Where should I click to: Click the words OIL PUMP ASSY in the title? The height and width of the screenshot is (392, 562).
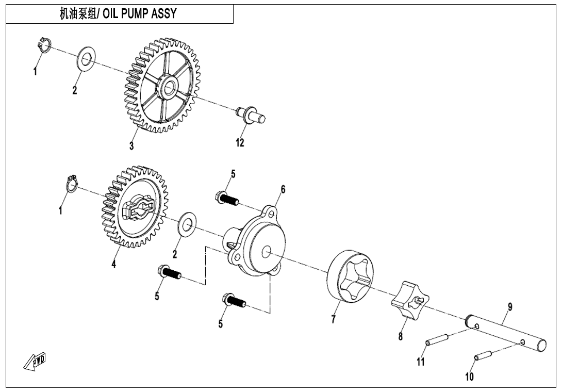[x=140, y=14]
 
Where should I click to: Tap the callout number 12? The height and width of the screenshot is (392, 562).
[x=240, y=143]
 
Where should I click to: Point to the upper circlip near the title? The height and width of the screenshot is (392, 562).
[x=44, y=45]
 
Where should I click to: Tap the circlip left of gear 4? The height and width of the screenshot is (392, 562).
[x=72, y=184]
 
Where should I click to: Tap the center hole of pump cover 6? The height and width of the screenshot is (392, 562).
[x=266, y=252]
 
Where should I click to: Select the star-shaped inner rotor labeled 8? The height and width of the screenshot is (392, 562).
[x=409, y=301]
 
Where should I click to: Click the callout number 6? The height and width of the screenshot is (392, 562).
[x=283, y=189]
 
